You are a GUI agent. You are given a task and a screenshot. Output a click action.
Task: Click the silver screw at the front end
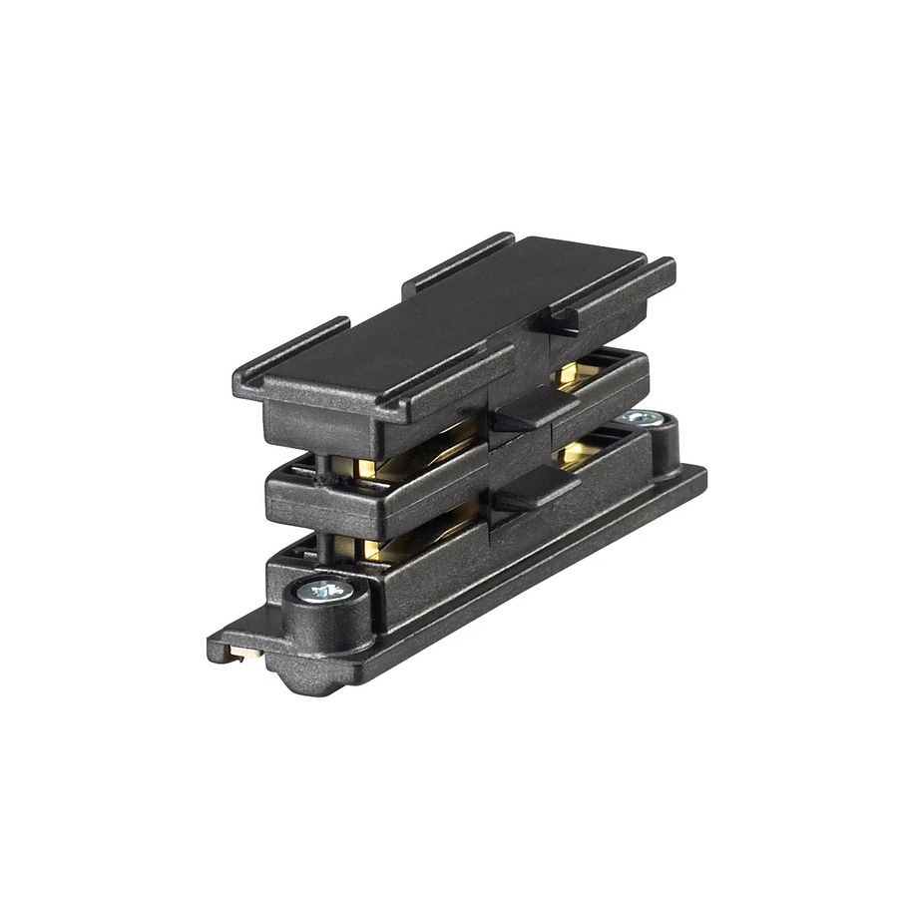click(326, 591)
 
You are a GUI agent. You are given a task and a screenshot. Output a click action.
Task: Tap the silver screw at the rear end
click(640, 418)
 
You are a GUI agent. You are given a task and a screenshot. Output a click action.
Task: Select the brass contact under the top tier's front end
click(365, 467)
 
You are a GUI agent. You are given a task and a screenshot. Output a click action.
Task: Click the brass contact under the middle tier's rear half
click(570, 455)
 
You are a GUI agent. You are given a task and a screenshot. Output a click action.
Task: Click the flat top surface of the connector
click(449, 319)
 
